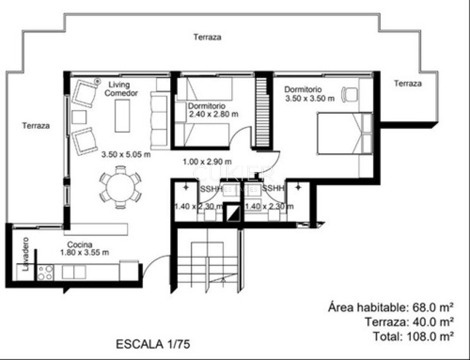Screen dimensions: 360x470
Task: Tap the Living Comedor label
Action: click(x=124, y=89)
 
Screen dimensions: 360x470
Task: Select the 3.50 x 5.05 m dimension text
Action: click(x=126, y=154)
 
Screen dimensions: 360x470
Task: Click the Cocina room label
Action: click(x=80, y=244)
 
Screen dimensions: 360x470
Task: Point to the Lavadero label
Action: click(x=26, y=254)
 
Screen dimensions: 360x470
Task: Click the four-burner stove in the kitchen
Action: click(x=45, y=273)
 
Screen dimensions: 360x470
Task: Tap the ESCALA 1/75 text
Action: click(x=153, y=344)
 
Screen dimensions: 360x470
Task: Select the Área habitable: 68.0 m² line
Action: click(x=391, y=308)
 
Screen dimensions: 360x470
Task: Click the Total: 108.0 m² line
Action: click(x=413, y=336)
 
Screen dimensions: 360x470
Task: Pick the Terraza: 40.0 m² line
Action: click(x=409, y=322)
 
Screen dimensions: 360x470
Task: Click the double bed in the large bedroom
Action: click(x=344, y=133)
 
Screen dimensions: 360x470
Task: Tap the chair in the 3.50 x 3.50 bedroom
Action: click(x=349, y=95)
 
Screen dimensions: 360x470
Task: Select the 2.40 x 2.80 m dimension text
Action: click(x=213, y=114)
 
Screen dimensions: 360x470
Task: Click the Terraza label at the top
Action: click(x=207, y=37)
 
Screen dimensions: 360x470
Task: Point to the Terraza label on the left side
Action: click(x=36, y=126)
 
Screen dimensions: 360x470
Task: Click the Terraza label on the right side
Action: click(x=408, y=84)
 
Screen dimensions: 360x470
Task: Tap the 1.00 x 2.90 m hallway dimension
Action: click(x=207, y=162)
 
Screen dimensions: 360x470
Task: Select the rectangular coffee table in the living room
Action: click(x=122, y=116)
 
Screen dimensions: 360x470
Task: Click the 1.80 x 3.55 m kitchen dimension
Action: click(x=84, y=252)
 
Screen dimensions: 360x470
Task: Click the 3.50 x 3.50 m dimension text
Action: click(x=310, y=98)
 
